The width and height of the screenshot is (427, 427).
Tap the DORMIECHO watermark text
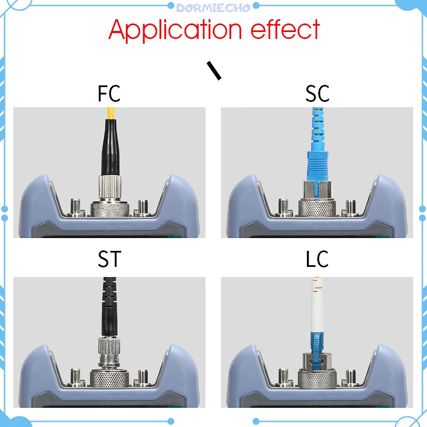tap(213, 6)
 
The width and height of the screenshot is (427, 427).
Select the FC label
tap(109, 93)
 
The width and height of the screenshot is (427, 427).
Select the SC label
tap(318, 93)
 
